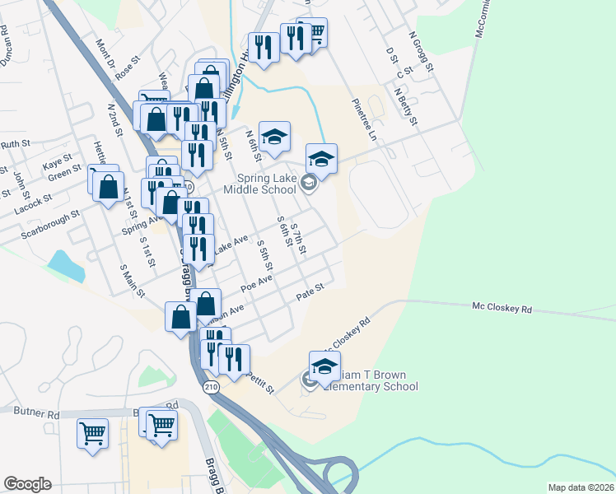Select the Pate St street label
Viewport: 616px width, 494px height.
312,291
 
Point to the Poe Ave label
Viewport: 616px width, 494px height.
255,283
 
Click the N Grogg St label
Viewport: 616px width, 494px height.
420,52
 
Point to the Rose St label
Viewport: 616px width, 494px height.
124,72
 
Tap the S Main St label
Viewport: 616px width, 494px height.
131,280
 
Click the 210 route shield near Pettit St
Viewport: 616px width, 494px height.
211,388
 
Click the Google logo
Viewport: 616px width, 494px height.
27,484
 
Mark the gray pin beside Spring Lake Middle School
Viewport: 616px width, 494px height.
309,183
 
